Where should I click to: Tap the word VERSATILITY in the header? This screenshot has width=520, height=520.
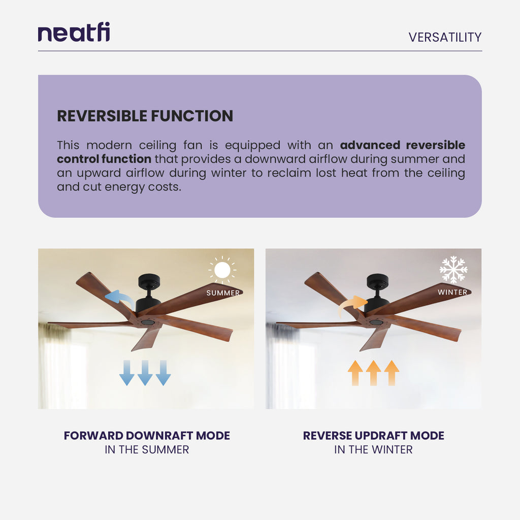coord(445,37)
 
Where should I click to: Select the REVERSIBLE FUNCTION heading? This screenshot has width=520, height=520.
coord(145,116)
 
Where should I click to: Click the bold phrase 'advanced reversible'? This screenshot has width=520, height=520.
coord(402,145)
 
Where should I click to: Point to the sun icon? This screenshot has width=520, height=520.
coord(222,270)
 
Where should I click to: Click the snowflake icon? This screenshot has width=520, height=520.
coord(453,270)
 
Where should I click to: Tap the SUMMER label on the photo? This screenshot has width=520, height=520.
coord(223,293)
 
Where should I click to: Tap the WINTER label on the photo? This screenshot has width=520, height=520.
coord(452,292)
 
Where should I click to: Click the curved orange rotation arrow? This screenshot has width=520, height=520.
coord(353,304)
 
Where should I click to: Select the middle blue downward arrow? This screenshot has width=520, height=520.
coord(145,373)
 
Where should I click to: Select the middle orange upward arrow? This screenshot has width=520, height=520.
coord(373,373)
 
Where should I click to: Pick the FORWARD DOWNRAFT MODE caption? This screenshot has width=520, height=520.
coord(147,436)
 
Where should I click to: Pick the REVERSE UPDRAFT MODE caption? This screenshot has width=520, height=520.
coord(373,436)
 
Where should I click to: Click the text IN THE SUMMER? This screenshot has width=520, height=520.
coord(147,449)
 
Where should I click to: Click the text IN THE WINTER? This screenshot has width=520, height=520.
coord(373,449)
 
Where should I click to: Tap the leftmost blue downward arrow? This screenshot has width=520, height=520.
coord(126,373)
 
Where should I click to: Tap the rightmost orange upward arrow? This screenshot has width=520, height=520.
coord(392,373)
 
